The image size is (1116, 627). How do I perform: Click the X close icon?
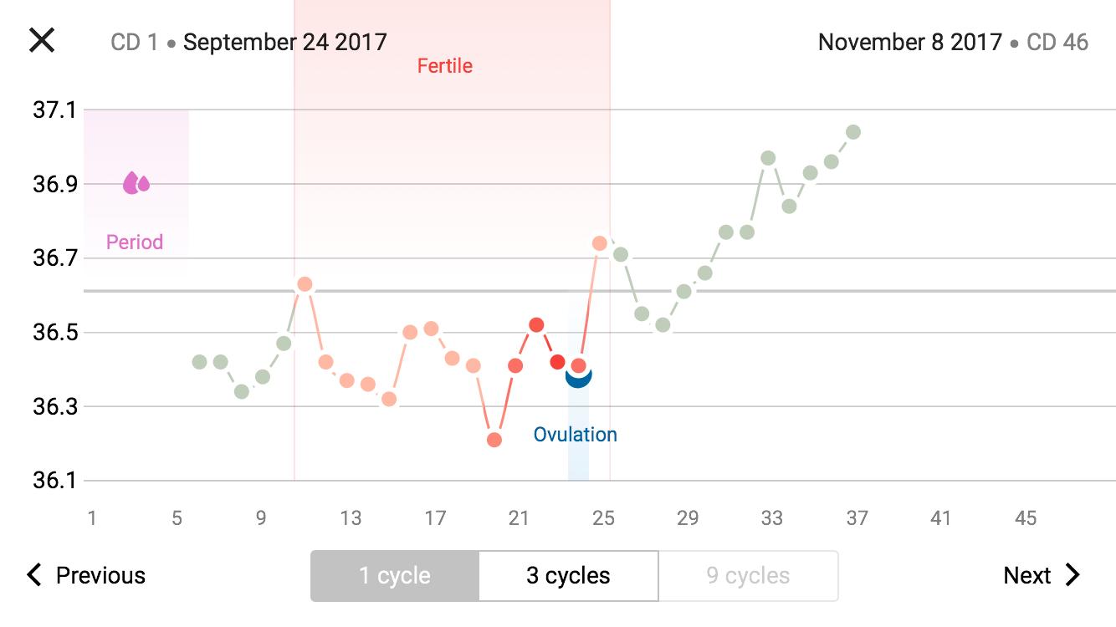[42, 40]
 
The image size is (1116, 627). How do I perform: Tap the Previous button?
[86, 575]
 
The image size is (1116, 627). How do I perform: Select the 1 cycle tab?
[395, 576]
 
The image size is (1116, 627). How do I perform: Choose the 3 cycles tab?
[568, 576]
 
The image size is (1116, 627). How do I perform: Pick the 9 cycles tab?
[748, 576]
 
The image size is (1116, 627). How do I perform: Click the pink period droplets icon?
[136, 182]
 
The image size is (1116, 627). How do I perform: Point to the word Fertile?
[445, 66]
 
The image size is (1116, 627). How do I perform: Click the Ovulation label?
[576, 435]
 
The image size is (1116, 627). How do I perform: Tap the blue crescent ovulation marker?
[578, 378]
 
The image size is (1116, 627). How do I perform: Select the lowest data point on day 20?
[494, 440]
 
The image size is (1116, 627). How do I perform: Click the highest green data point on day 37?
[853, 132]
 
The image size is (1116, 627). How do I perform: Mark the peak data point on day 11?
[305, 284]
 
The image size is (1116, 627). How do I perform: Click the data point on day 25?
[600, 243]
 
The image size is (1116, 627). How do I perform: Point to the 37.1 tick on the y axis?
[54, 110]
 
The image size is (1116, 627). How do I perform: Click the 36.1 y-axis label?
[54, 481]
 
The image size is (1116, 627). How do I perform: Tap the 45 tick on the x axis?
[1026, 518]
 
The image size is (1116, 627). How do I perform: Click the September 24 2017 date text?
[285, 42]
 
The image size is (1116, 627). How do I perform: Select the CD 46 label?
[1057, 42]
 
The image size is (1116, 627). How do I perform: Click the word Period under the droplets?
[135, 242]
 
